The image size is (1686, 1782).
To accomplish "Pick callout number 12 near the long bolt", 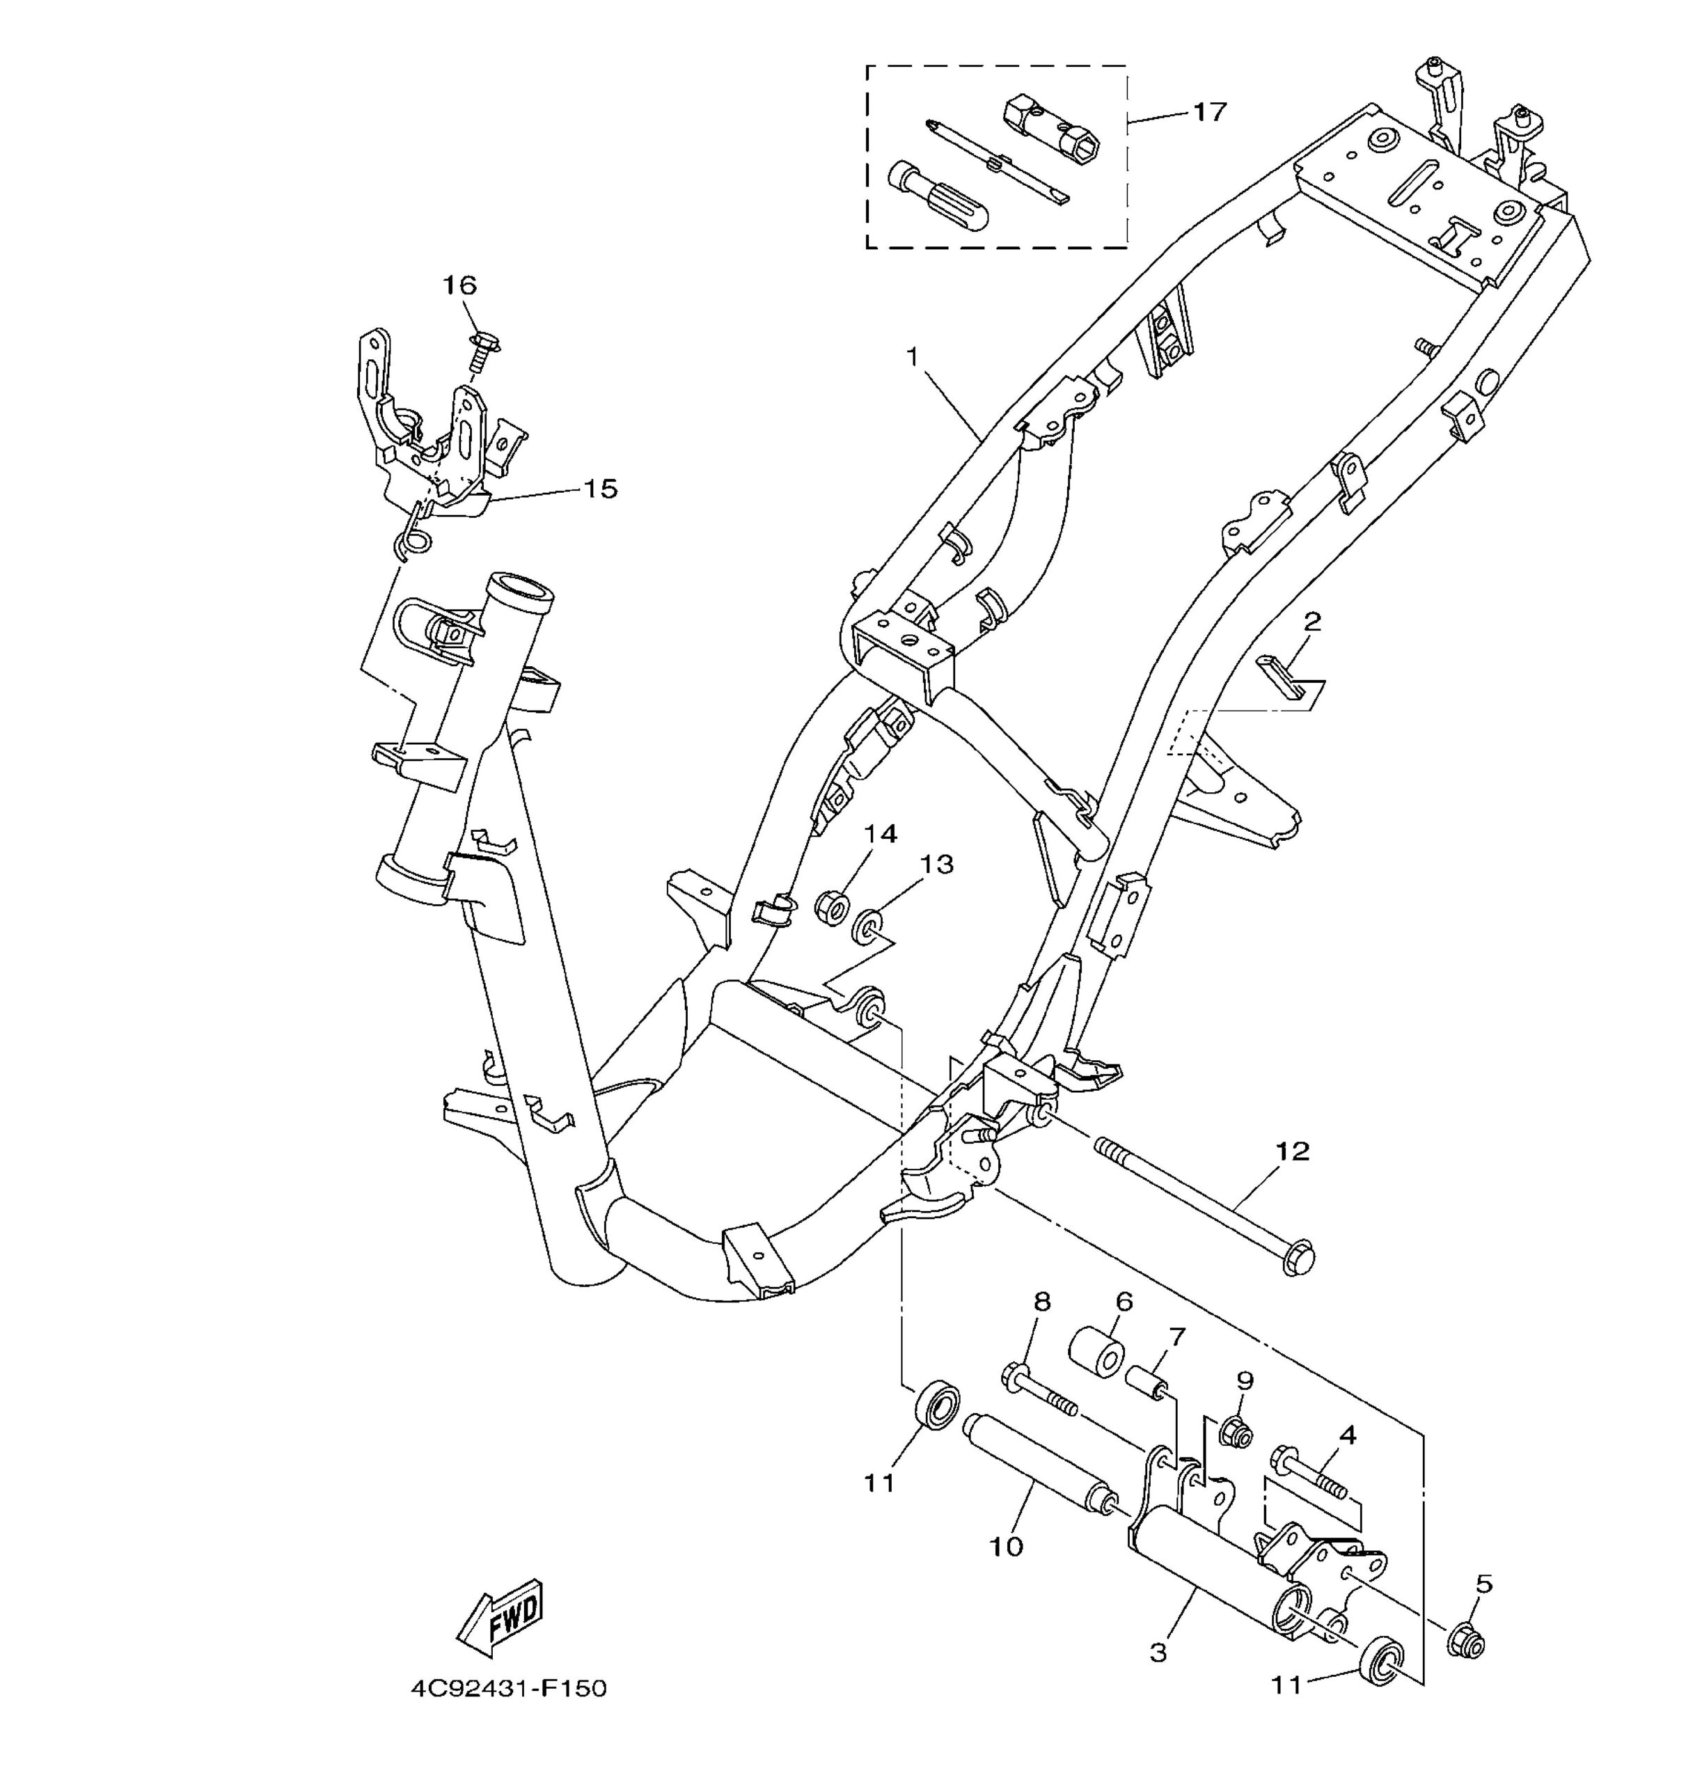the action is point(1293,1151).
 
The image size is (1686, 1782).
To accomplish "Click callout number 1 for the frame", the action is point(912,358).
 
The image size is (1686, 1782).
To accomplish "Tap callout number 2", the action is point(1312,622).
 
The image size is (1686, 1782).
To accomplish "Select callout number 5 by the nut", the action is point(1484,1584).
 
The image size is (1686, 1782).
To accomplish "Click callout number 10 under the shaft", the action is point(1007,1547).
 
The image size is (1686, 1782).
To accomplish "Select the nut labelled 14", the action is point(831,907).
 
